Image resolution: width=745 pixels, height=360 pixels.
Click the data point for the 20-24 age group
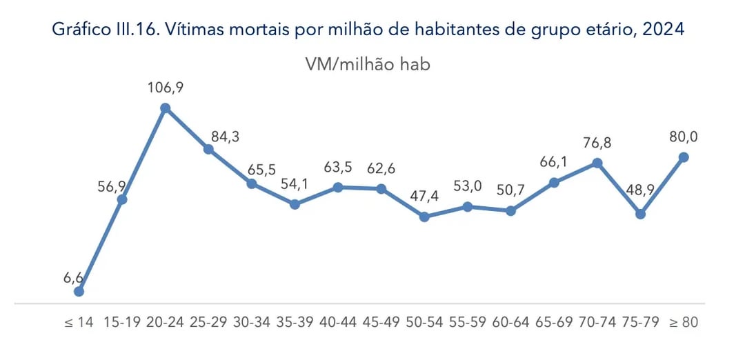166,108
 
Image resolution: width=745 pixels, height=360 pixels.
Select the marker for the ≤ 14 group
79,291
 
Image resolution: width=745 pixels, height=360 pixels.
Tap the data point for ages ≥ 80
684,157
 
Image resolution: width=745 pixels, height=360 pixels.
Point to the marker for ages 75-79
640,214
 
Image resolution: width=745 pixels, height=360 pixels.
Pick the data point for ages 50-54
425,217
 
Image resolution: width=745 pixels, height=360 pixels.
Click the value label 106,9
165,88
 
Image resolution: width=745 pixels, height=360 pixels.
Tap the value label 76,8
597,143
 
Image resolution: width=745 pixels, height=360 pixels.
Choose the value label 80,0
683,137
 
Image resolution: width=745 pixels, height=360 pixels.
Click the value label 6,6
73,277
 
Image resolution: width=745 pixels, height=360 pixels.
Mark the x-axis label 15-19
121,322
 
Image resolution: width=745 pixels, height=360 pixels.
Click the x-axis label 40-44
338,322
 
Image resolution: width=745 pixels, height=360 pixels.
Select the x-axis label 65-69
554,322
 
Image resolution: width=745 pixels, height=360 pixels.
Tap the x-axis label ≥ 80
684,322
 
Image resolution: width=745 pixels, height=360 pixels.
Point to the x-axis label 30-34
252,322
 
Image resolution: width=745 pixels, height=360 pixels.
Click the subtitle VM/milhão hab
368,64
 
